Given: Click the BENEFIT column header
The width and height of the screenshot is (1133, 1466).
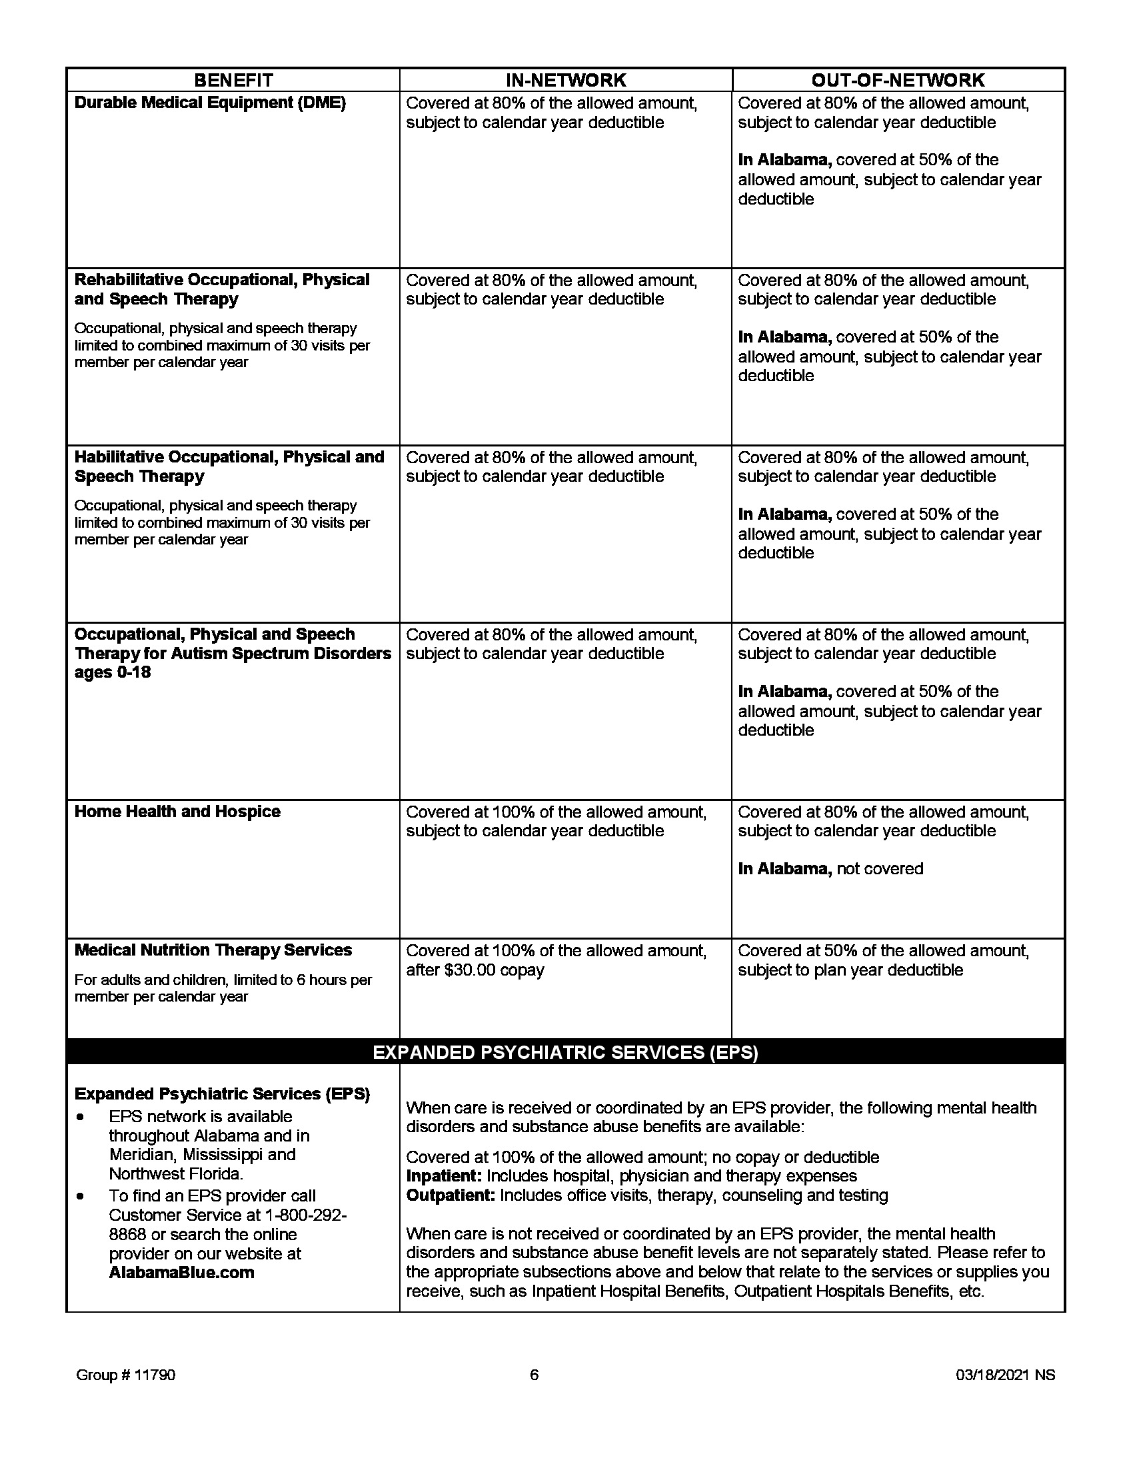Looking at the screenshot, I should [233, 80].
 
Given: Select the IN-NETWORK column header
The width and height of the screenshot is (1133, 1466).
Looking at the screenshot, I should [565, 80].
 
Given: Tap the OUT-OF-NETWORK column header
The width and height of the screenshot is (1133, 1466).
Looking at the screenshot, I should [898, 80].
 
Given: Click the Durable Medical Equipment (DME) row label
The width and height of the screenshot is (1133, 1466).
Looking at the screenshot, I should [209, 103].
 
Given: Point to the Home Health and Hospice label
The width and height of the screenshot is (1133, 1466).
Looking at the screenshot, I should [177, 812].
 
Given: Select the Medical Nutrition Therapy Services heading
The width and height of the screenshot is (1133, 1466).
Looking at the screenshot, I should [213, 950].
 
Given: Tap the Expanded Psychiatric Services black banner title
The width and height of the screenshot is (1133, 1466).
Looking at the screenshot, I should [565, 1052].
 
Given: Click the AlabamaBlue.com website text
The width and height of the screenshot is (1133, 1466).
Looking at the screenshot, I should [181, 1273].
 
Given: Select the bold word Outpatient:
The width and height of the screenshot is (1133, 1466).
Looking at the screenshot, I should [451, 1195].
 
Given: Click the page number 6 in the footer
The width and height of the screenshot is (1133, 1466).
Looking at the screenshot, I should [535, 1375].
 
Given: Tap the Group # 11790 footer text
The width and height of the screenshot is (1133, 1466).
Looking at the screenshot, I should [125, 1375].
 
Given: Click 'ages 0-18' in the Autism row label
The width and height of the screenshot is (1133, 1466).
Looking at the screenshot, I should [112, 672].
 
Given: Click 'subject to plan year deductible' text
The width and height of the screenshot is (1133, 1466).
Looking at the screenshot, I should [850, 970].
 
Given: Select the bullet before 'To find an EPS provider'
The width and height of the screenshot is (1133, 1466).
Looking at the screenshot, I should [81, 1196].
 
